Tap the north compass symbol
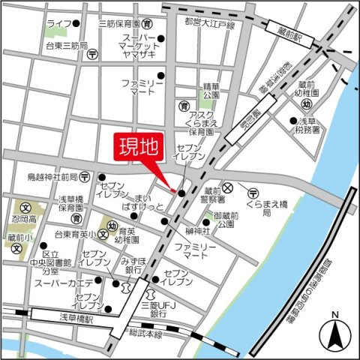[334, 331]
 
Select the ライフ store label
[58, 24]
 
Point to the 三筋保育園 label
[121, 24]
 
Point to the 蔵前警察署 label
[214, 196]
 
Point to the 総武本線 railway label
[145, 334]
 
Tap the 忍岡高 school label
[19, 222]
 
